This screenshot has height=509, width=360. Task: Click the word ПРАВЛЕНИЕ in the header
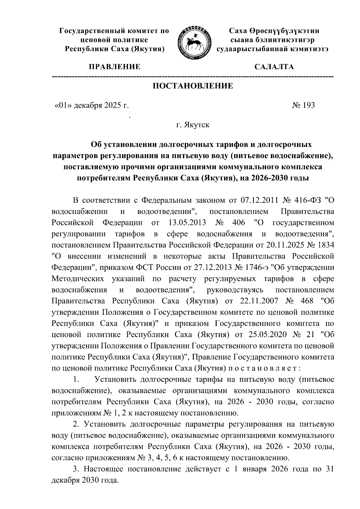(x=114, y=67)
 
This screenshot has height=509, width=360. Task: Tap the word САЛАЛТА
(x=274, y=67)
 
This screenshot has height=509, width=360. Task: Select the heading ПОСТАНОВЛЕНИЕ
(x=193, y=86)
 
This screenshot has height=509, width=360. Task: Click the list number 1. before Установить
(x=76, y=379)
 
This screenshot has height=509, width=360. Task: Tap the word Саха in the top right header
(x=238, y=31)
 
